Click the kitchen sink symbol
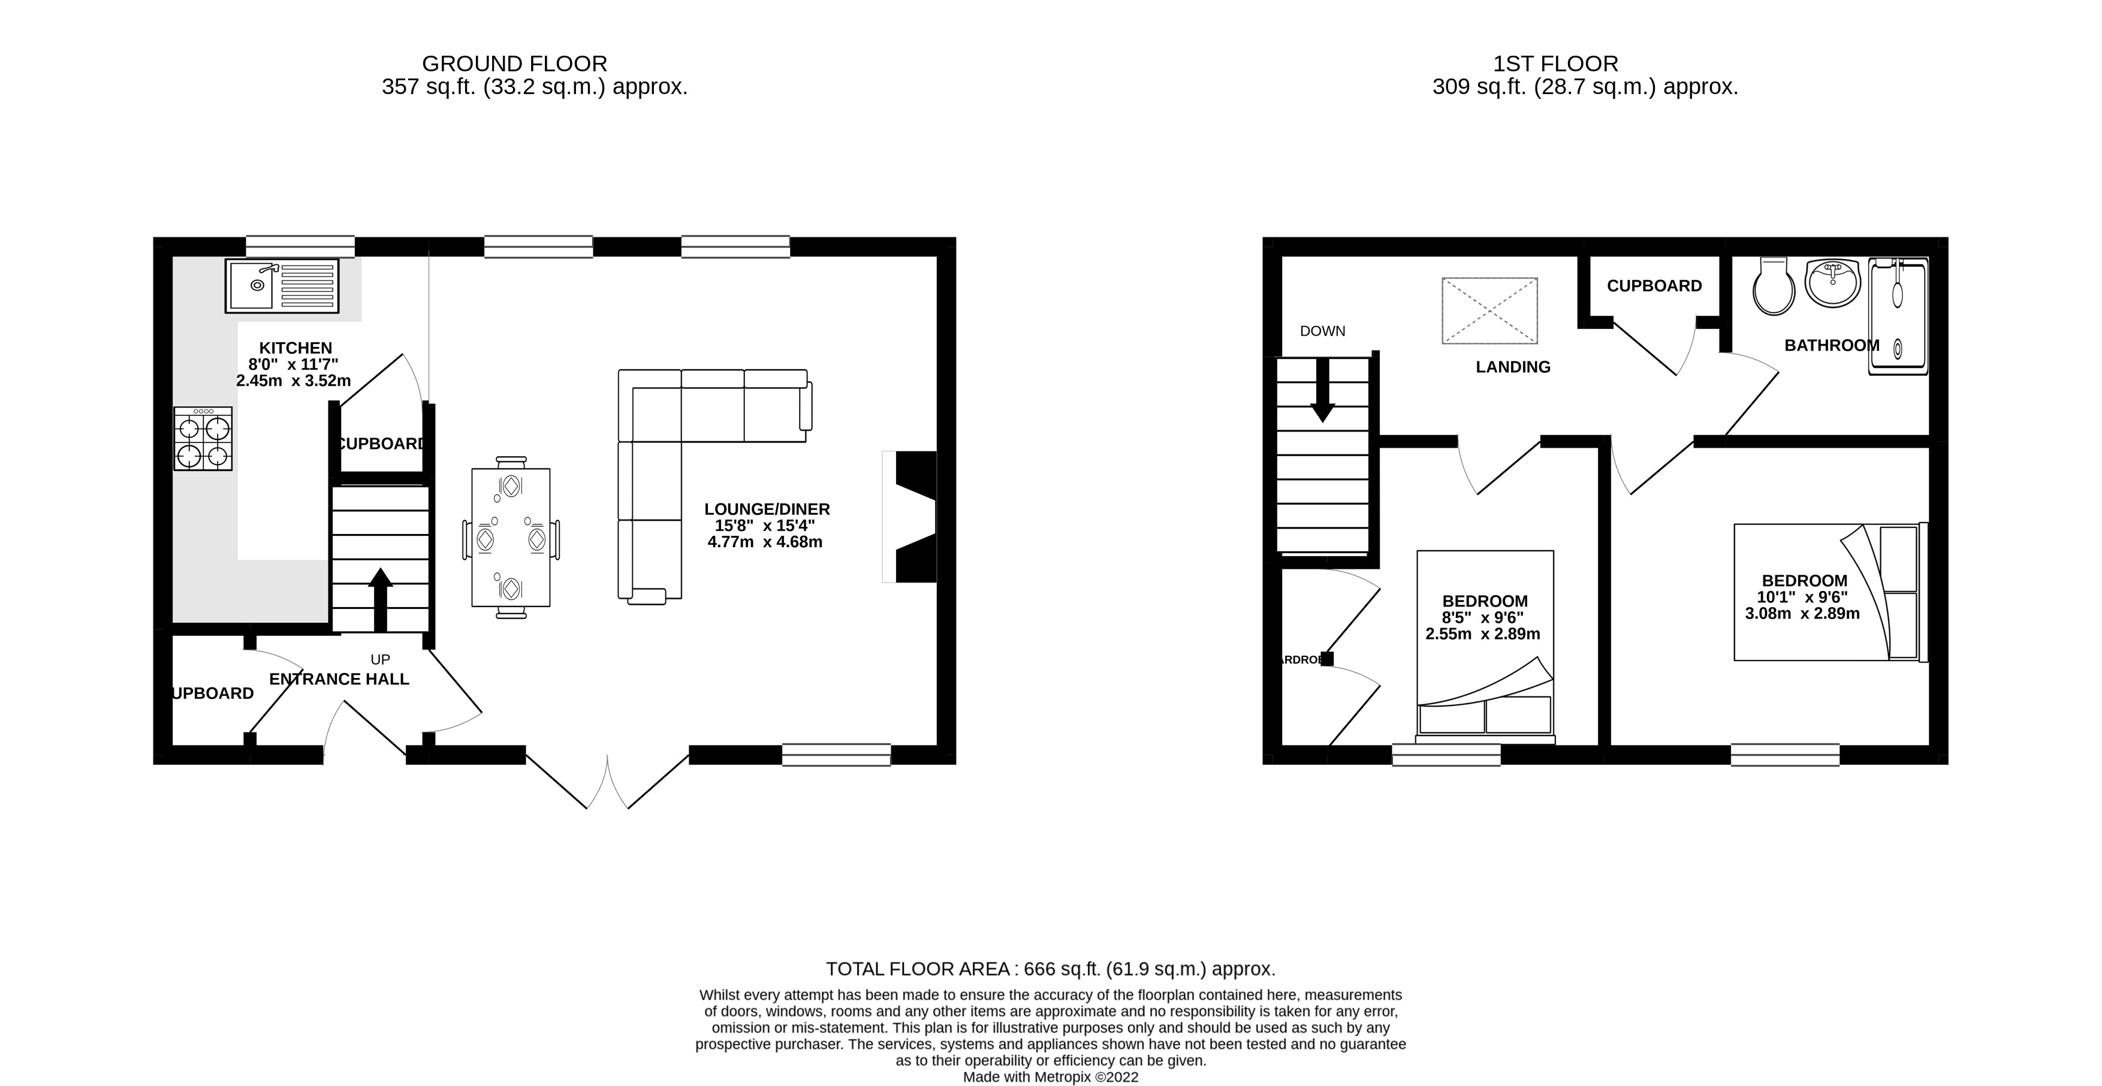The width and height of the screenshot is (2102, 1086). (x=282, y=285)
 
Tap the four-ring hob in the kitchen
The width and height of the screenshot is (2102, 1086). (x=203, y=441)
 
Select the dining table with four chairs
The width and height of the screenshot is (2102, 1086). (x=511, y=538)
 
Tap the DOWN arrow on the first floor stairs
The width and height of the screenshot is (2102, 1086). (x=1322, y=391)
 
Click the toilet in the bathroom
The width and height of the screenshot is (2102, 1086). (x=1773, y=287)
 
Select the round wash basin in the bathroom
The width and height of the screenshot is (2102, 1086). (x=1833, y=282)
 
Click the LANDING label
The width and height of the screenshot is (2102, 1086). (x=1513, y=367)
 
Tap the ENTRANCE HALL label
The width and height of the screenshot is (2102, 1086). (x=339, y=679)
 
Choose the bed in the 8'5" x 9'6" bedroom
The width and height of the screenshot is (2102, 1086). (x=1485, y=644)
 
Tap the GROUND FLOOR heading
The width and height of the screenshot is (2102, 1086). (x=514, y=64)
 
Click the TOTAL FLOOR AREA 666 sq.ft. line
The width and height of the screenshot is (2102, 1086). (x=1050, y=969)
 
